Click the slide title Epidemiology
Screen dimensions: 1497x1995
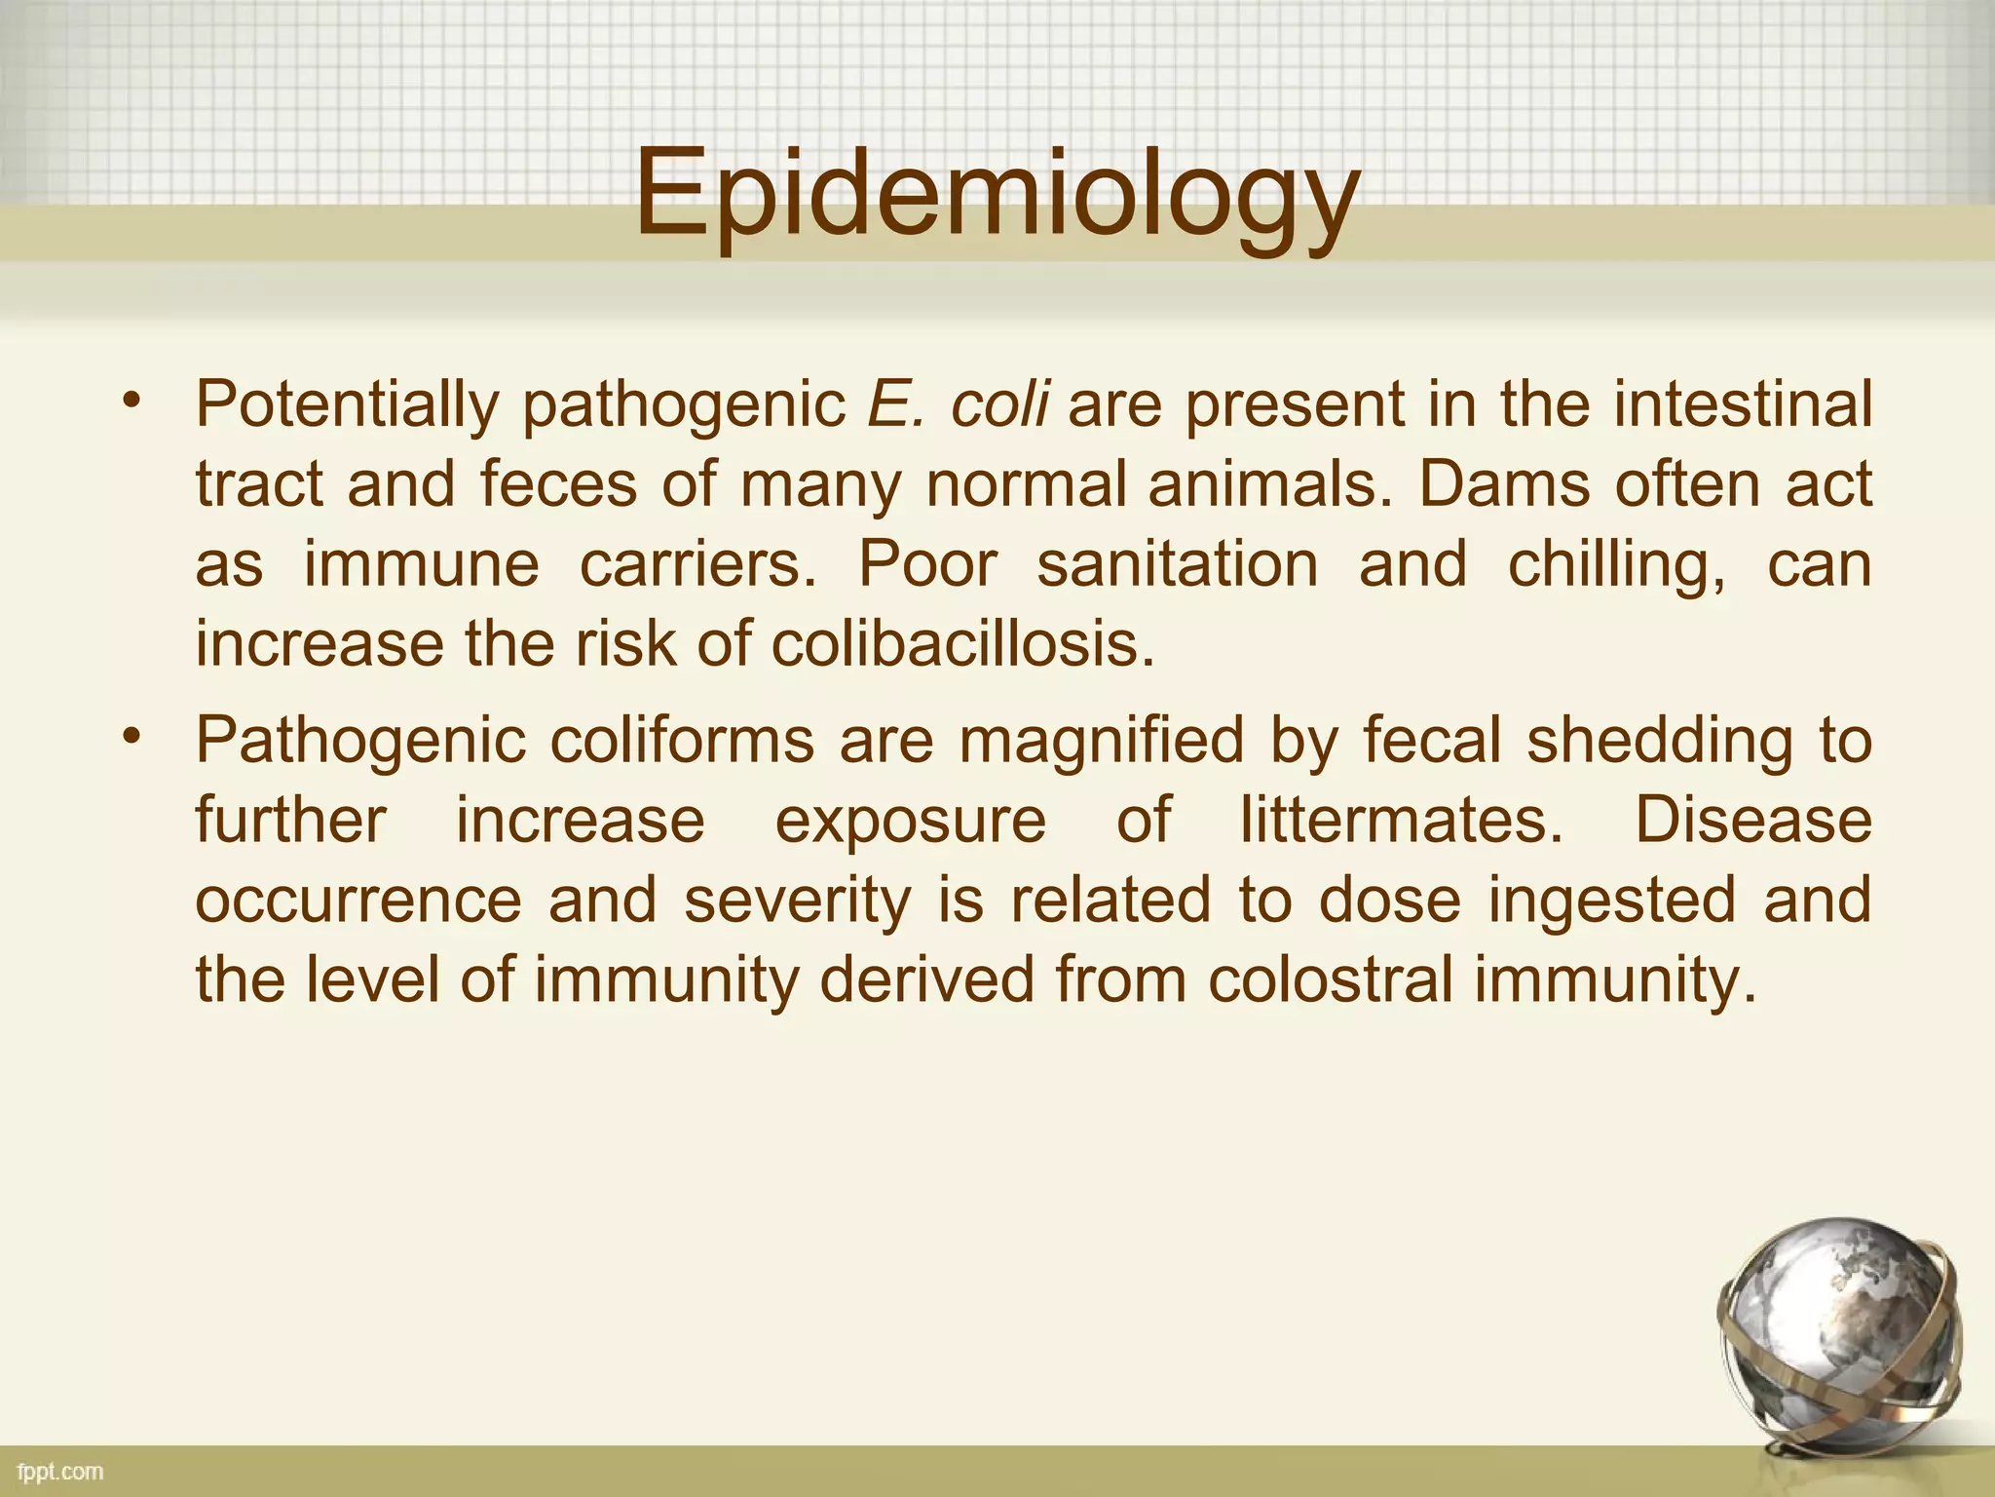tap(997, 195)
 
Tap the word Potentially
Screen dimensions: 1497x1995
tap(347, 404)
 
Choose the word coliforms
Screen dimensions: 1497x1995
tap(682, 740)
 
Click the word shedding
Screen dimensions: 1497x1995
tap(1660, 742)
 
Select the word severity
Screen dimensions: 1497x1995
tap(798, 902)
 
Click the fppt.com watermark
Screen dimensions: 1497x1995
tap(60, 1471)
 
